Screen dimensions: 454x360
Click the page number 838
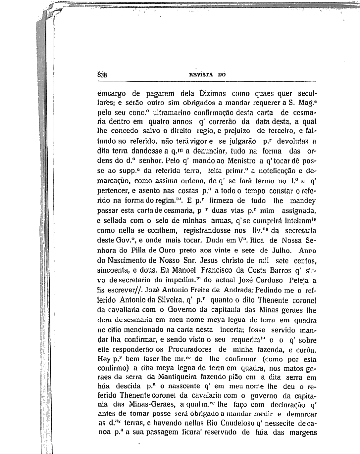(102, 75)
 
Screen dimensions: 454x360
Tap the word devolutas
(292, 141)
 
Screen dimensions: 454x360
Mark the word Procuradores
(189, 349)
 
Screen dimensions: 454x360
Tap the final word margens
(303, 432)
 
